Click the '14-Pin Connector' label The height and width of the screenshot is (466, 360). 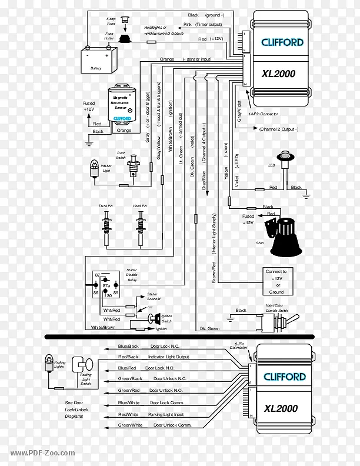263,114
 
